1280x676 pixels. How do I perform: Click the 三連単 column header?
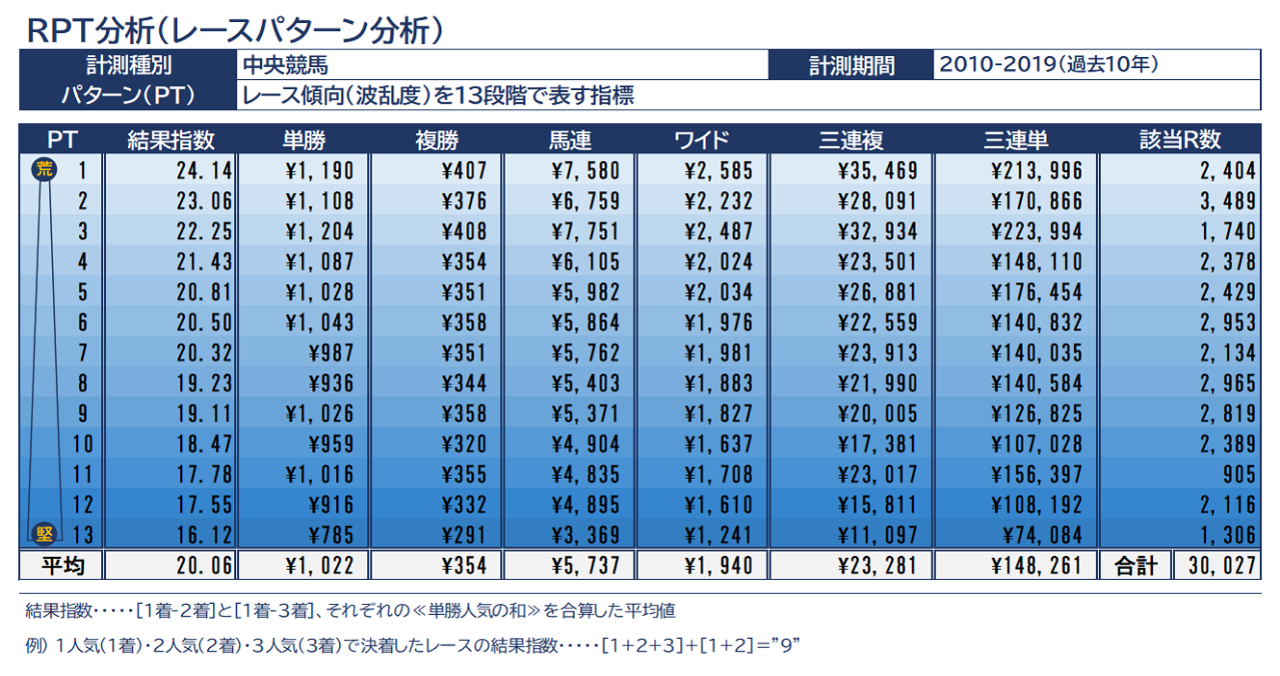tap(1016, 140)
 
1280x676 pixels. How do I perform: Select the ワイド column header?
tap(702, 140)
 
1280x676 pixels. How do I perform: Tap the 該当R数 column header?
tap(1180, 140)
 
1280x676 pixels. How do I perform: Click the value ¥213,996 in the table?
tap(1037, 171)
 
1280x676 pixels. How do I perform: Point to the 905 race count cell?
tap(1237, 475)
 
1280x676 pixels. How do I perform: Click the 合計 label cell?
tap(1136, 566)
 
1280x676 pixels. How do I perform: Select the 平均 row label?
tap(62, 566)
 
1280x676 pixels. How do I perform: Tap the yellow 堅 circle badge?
tap(43, 534)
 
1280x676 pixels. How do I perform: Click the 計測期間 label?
tap(851, 67)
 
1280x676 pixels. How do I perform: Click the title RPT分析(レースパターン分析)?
tap(234, 27)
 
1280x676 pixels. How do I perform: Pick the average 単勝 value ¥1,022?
tap(319, 566)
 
